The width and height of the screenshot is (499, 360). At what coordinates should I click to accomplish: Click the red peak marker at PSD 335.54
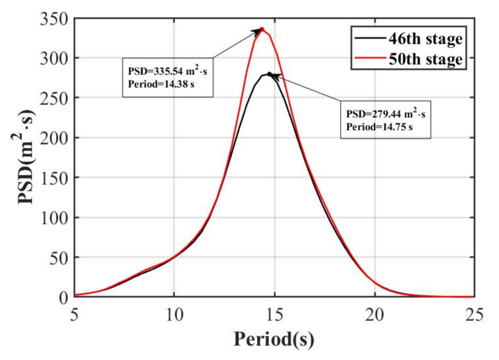(262, 29)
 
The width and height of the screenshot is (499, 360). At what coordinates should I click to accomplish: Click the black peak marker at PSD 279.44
(269, 74)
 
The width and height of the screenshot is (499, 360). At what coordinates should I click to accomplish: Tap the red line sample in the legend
(369, 58)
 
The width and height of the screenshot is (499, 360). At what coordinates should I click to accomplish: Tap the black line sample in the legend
(369, 38)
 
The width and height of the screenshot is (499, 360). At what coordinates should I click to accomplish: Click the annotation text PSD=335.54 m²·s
(167, 71)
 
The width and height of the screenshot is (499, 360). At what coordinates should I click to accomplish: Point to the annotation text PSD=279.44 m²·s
(385, 114)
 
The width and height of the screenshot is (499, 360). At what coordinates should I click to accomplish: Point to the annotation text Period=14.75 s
(379, 127)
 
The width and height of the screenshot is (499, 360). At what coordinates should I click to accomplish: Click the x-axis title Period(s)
(274, 339)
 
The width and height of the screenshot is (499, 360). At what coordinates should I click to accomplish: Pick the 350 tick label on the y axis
(54, 19)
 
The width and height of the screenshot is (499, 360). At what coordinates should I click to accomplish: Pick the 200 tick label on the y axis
(54, 138)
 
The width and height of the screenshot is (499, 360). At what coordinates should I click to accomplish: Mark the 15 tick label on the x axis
(274, 315)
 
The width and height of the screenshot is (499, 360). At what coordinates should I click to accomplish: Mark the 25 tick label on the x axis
(474, 315)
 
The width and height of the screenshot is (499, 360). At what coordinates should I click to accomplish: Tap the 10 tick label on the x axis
(174, 315)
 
